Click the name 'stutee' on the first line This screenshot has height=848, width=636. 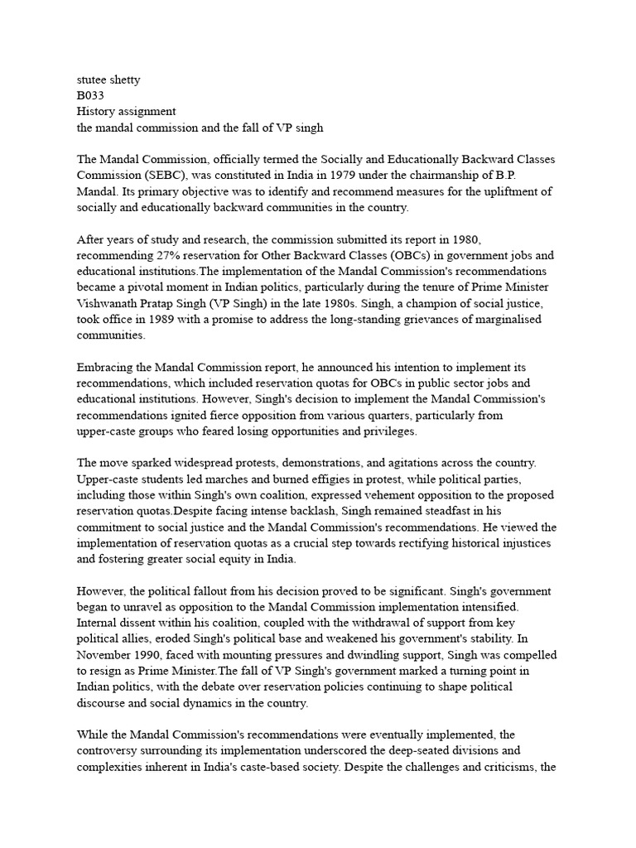click(x=92, y=80)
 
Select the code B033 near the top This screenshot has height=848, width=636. click(x=90, y=96)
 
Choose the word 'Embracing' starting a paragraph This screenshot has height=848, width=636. click(x=106, y=367)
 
